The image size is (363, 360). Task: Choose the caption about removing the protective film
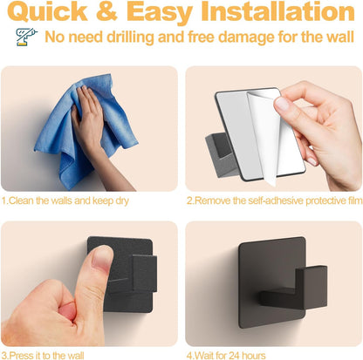coord(273,200)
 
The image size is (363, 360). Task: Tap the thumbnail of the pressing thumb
coord(87,283)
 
